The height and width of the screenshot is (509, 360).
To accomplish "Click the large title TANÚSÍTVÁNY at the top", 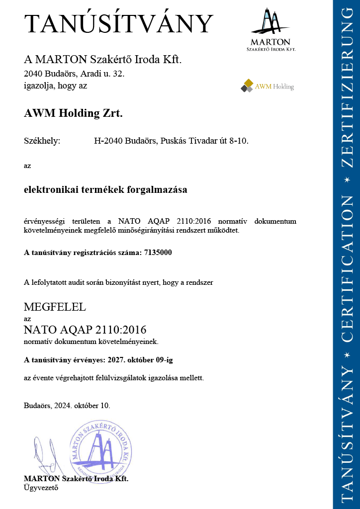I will point(119,24).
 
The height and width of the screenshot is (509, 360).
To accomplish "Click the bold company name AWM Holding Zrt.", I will point(73,113).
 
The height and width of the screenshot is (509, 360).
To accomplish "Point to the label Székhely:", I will point(42,141).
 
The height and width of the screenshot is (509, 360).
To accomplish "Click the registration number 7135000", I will point(158,253).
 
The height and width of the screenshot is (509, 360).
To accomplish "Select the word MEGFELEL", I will point(55,307).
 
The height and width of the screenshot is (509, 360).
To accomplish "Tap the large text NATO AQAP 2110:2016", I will point(85,330).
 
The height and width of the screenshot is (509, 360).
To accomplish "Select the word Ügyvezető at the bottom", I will point(41,488).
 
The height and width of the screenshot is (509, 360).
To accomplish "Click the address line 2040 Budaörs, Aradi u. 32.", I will point(74,74).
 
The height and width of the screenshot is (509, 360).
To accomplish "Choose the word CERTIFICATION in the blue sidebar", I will point(347,268).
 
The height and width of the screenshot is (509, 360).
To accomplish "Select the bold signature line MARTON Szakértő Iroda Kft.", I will point(76,479).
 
